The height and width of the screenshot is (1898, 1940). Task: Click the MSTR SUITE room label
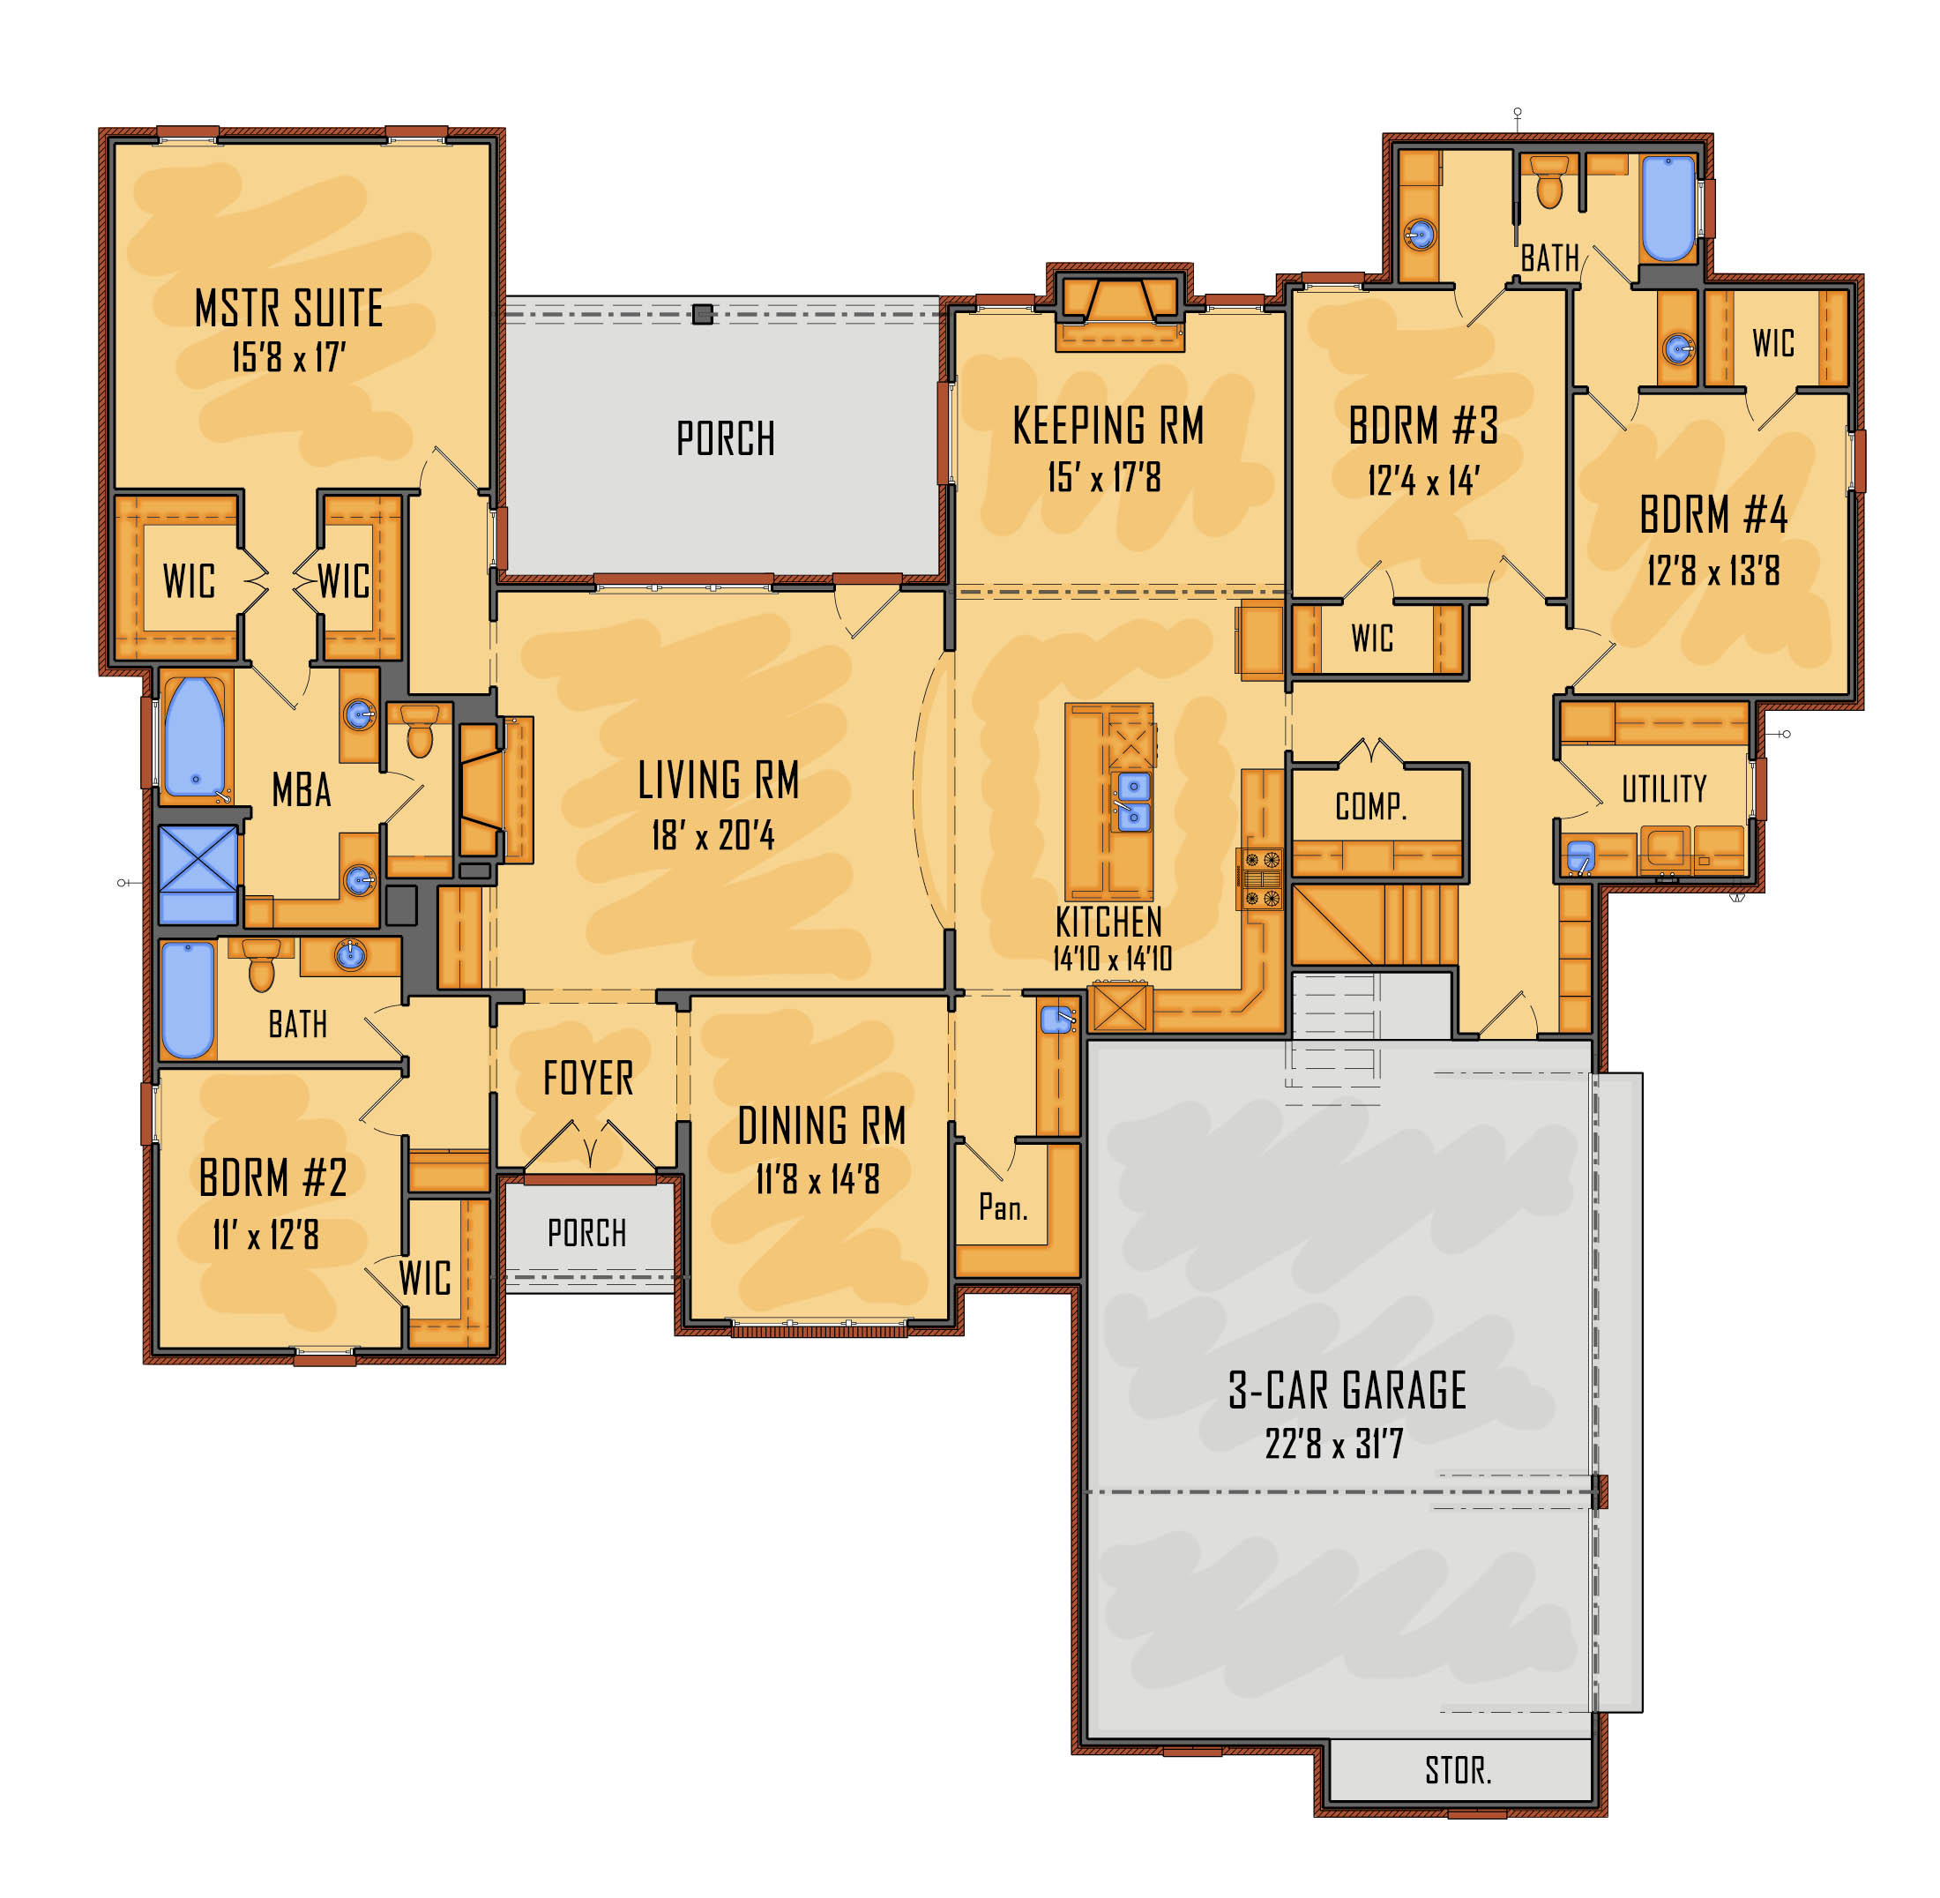point(288,308)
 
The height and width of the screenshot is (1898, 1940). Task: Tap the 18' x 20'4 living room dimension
point(712,835)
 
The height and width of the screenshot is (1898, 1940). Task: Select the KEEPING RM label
point(1108,426)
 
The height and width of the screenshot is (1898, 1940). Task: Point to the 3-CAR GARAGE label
point(1347,1391)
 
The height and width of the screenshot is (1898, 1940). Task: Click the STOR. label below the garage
point(1458,1770)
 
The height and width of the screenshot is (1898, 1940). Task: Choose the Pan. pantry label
point(1002,1207)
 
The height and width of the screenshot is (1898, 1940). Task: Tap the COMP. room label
point(1370,806)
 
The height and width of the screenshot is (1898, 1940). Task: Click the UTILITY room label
point(1663,789)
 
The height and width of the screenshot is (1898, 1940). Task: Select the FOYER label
point(587,1079)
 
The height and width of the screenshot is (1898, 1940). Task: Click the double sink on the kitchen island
point(1133,802)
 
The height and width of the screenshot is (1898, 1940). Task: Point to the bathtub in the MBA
point(194,737)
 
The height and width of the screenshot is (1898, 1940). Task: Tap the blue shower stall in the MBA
point(198,874)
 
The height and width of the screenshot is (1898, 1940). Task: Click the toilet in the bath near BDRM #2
point(261,965)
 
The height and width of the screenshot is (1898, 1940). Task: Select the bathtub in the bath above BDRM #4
point(1668,208)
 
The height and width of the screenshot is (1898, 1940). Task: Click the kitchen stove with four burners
point(1260,878)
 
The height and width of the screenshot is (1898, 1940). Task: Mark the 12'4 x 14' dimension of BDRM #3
point(1422,482)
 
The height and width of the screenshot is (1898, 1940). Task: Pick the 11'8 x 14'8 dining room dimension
point(817,1180)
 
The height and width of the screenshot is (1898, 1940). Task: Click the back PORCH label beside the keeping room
point(725,438)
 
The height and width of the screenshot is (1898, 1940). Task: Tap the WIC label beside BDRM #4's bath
point(1772,343)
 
